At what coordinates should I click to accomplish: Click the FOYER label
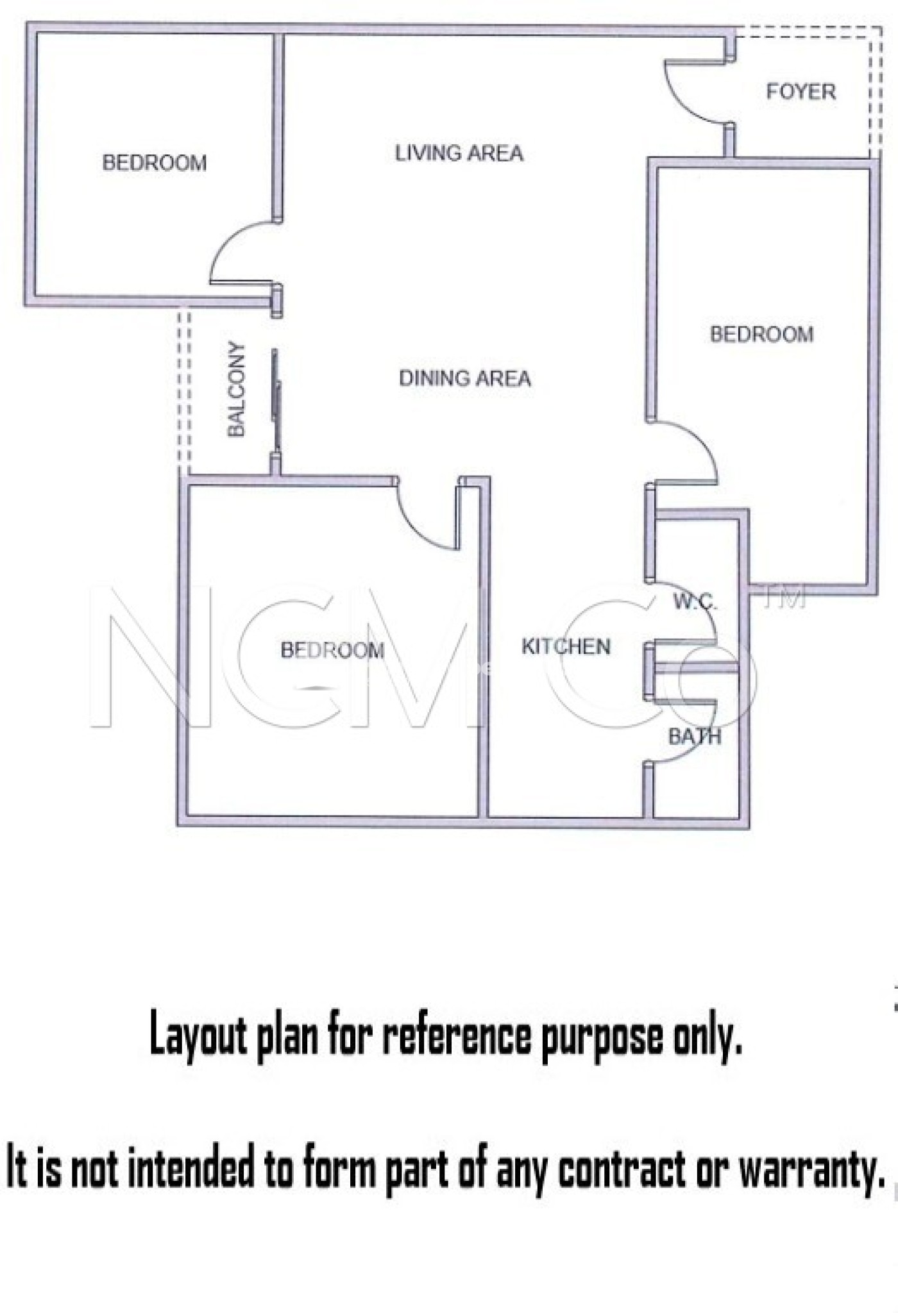point(801,92)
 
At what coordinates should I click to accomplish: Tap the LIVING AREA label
point(459,153)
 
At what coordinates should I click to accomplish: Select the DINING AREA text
point(465,378)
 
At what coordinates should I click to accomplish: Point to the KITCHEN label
point(566,646)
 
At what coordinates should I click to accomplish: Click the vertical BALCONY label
point(237,389)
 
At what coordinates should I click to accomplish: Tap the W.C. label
point(695,602)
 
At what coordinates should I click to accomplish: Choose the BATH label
point(695,737)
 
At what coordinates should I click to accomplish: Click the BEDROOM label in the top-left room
point(155,163)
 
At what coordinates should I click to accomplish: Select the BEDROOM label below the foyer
point(761,334)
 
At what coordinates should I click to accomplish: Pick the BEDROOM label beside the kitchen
point(332,651)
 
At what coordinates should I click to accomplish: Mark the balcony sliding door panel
point(276,399)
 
